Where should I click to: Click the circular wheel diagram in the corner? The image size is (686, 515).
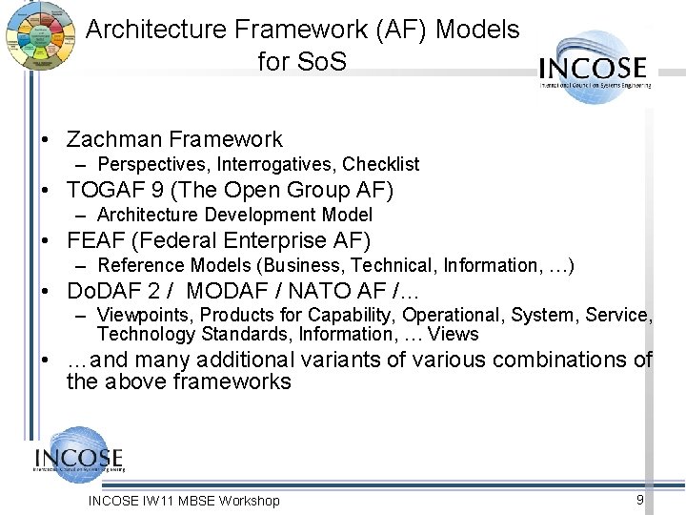click(39, 36)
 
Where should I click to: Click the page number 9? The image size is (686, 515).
click(640, 500)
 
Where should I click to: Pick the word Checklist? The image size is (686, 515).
click(380, 164)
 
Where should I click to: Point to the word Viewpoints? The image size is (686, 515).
click(143, 315)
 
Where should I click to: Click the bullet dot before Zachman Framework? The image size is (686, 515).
click(46, 140)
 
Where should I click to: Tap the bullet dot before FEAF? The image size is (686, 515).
click(46, 240)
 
